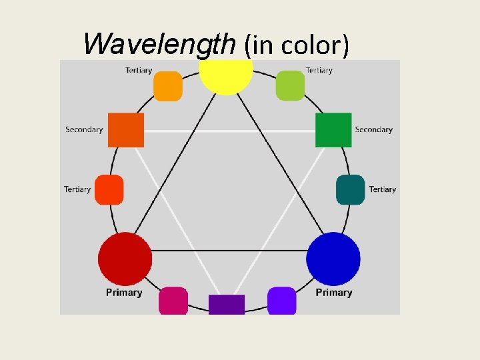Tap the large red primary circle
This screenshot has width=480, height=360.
coord(125,259)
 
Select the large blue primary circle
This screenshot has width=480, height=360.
coord(333,259)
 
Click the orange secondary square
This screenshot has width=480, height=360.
coord(126,130)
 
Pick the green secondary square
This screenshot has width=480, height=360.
coord(333,130)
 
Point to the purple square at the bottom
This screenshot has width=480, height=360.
coord(227,304)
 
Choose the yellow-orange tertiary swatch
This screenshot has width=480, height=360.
coord(168,86)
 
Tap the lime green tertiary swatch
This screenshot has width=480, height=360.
coord(290,86)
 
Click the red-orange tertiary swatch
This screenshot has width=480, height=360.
coord(109,189)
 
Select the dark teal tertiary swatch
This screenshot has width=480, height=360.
coord(351,189)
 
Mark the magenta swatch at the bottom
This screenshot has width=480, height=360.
coord(173,300)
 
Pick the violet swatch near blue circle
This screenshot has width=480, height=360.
coord(281,300)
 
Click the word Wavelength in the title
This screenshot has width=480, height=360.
coord(159,44)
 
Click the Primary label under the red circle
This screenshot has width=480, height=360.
coord(124,292)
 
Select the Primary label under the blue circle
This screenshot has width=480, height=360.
coord(334,292)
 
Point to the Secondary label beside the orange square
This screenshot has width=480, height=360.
coord(84,129)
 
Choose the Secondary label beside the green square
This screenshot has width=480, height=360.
coord(373,129)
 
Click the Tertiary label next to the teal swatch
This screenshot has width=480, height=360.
coord(383,189)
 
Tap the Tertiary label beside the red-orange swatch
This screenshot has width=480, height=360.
coord(77,189)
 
